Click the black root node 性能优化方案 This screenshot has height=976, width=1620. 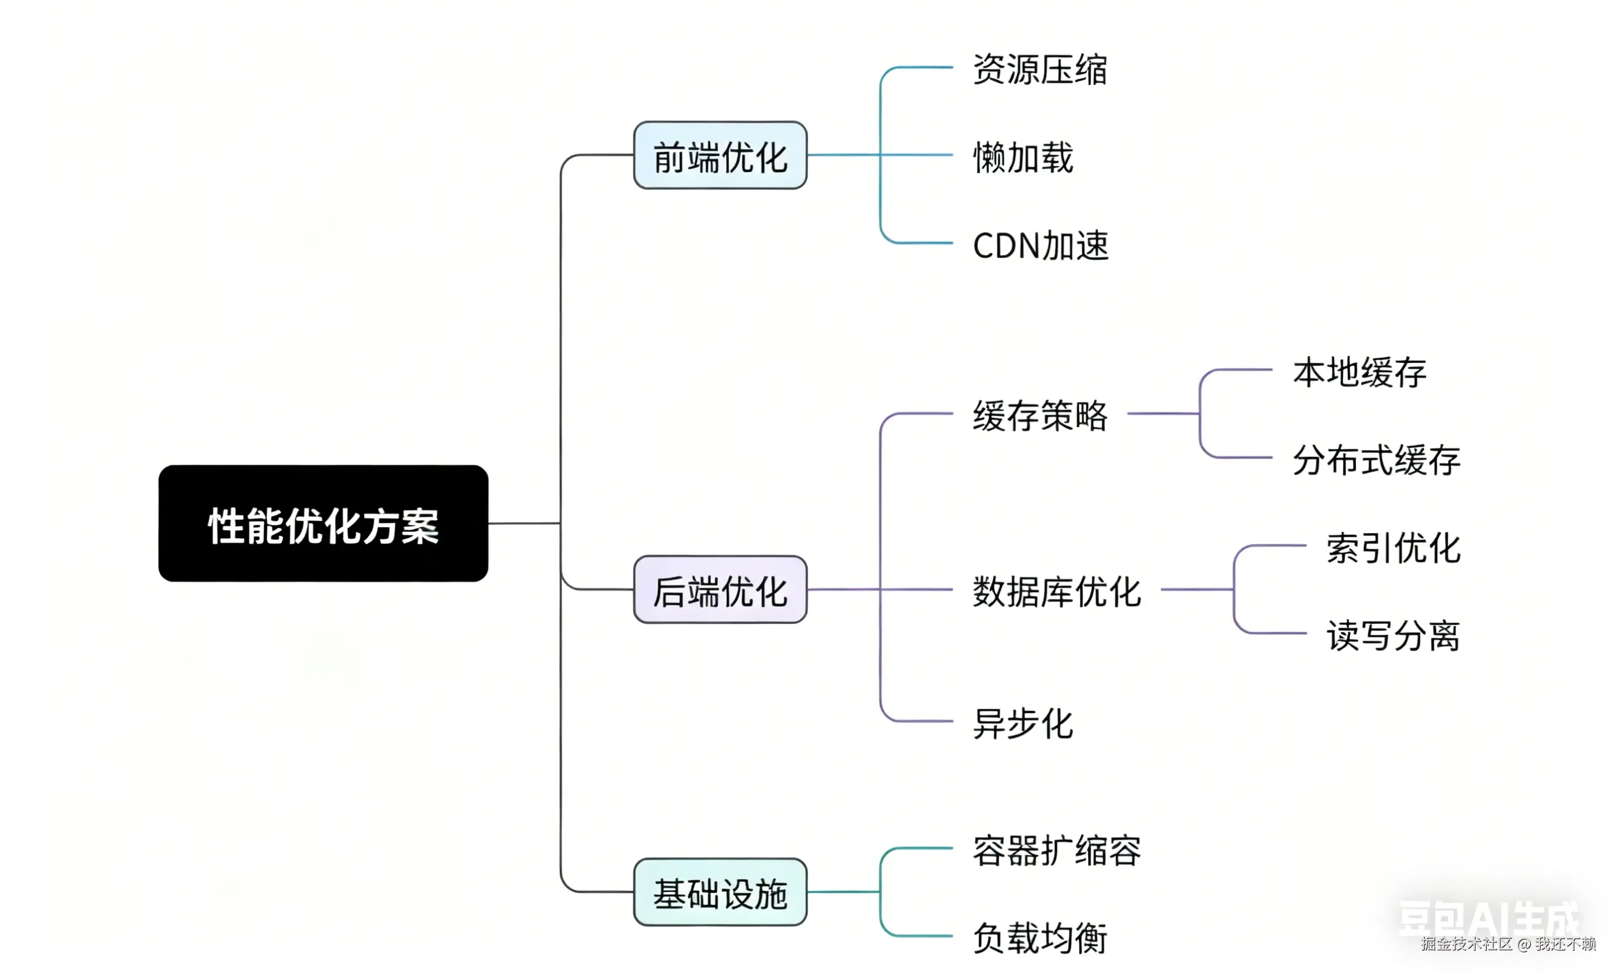coord(323,523)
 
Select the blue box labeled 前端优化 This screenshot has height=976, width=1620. coord(720,155)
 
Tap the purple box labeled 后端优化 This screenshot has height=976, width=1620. coord(720,589)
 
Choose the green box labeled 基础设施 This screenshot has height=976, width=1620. coord(720,892)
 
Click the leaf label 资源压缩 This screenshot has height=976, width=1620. coord(1040,69)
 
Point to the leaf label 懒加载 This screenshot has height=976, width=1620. coord(1023,157)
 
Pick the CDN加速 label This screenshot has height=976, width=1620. coord(1041,245)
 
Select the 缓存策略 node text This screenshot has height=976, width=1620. coord(1040,416)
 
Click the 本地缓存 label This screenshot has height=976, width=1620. coord(1360,372)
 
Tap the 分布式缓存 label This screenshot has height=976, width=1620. coord(1377,459)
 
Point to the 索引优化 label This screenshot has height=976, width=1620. coord(1393,548)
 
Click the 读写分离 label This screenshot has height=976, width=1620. coord(1393,636)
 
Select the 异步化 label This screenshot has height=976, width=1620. coord(1023,724)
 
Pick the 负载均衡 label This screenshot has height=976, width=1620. coord(1040,938)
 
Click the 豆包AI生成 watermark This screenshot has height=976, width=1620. coord(1489,917)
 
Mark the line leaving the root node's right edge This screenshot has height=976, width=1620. coord(524,523)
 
